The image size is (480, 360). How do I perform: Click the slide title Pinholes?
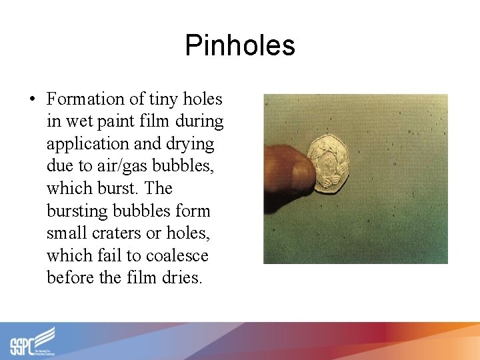click(239, 45)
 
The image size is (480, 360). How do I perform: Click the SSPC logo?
click(33, 341)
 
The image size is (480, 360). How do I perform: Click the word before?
click(71, 278)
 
